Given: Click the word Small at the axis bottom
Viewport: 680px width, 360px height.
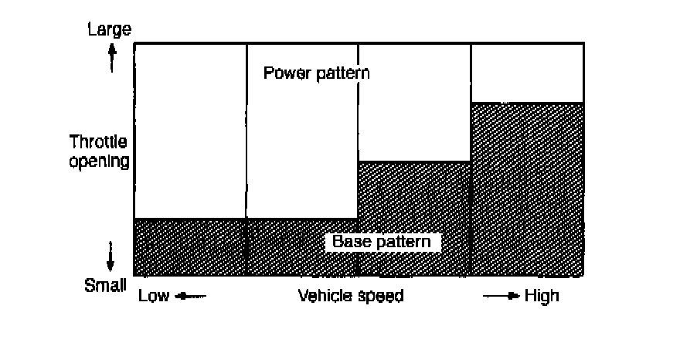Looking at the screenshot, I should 105,285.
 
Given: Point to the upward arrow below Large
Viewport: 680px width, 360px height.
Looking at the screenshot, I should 112,56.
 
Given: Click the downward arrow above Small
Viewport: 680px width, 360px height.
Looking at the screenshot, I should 111,255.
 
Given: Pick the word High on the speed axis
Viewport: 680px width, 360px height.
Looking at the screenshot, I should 541,297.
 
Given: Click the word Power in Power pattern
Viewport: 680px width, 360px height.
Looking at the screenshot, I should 286,74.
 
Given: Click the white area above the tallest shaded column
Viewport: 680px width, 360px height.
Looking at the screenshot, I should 527,73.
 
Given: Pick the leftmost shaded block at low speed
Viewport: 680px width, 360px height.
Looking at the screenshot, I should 190,247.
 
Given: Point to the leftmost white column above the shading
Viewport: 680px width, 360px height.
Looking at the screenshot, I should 190,131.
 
